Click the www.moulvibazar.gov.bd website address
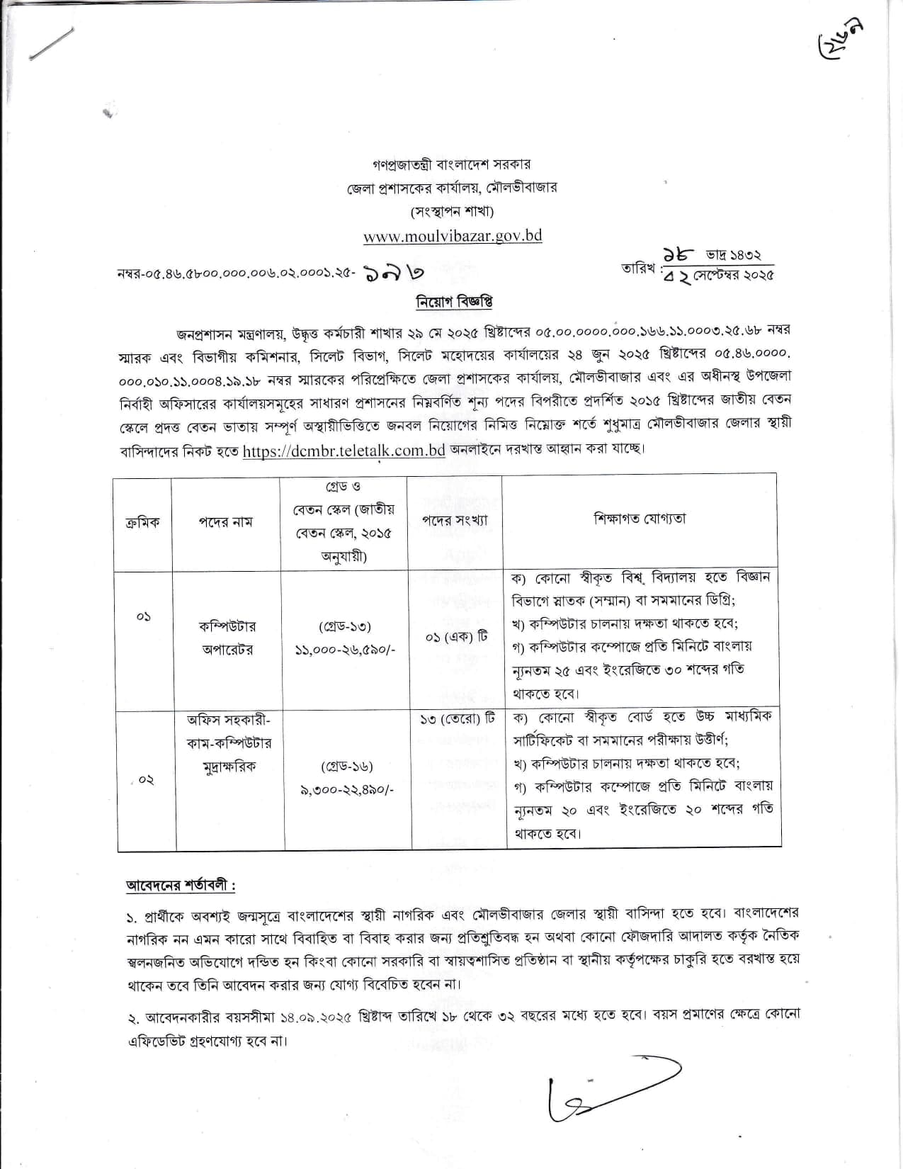pos(453,236)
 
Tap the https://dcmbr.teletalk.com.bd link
pos(343,451)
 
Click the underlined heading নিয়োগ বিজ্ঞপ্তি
pos(454,303)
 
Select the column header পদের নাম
pos(225,522)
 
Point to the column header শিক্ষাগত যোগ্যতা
pos(640,519)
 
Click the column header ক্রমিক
pos(142,522)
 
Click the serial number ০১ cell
pos(143,616)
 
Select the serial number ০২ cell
pos(146,779)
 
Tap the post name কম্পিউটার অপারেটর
pos(227,638)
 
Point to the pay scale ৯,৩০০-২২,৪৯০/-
pos(348,789)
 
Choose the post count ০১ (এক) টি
pos(456,637)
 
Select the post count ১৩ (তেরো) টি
pos(457,720)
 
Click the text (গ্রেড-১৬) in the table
pos(347,767)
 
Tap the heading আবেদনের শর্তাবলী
pos(180,886)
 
